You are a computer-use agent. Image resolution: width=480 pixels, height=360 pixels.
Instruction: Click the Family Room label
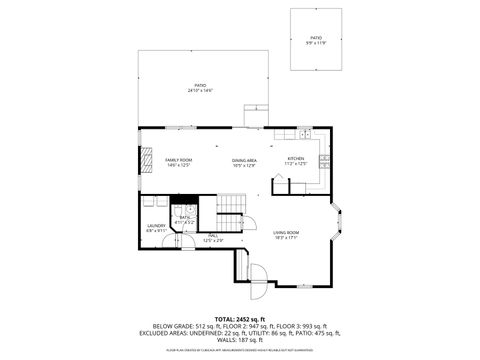(178, 160)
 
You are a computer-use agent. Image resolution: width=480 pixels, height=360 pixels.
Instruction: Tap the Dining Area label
(244, 160)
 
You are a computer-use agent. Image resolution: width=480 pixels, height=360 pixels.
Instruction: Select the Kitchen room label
(296, 158)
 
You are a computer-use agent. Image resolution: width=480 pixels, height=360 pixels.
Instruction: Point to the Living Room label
(286, 232)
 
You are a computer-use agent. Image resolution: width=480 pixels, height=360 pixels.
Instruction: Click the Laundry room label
(156, 226)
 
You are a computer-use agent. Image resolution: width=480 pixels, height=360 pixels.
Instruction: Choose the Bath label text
(185, 216)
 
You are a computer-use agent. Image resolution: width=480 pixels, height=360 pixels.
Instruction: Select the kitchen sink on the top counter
(304, 132)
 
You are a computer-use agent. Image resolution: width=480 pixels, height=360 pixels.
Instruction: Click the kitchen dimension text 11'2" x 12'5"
(296, 163)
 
